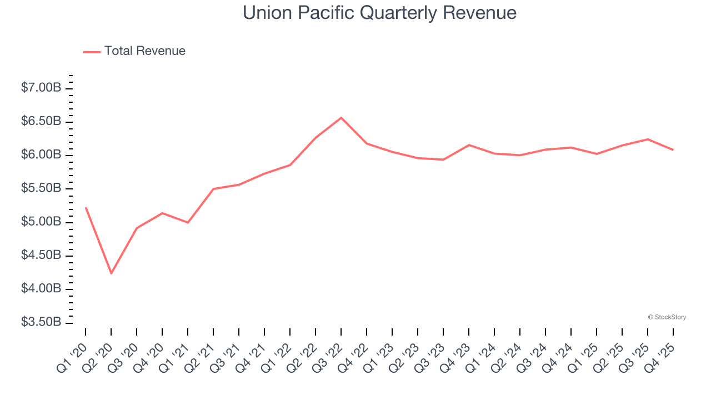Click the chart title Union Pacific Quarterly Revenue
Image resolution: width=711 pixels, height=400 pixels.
pos(379,13)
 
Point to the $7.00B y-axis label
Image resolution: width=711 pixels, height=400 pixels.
pos(41,88)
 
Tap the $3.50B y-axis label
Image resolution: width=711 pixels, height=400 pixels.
pos(41,322)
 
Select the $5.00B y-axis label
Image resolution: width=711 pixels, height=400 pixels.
pos(41,222)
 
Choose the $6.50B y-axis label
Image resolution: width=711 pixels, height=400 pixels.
pos(41,121)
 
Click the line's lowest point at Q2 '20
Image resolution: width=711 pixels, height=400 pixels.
pos(111,273)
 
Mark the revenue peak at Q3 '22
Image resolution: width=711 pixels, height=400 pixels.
pos(341,117)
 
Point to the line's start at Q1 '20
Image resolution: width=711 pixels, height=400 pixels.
pos(86,207)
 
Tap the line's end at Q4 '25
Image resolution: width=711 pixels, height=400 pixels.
pos(673,150)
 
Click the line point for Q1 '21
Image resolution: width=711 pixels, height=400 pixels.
pos(188,223)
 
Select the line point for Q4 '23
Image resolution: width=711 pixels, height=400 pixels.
pos(469,145)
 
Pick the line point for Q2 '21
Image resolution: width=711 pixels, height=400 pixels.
pos(213,189)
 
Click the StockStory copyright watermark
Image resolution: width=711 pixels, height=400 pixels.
pos(667,317)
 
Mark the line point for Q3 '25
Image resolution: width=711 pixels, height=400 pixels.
pos(648,139)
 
